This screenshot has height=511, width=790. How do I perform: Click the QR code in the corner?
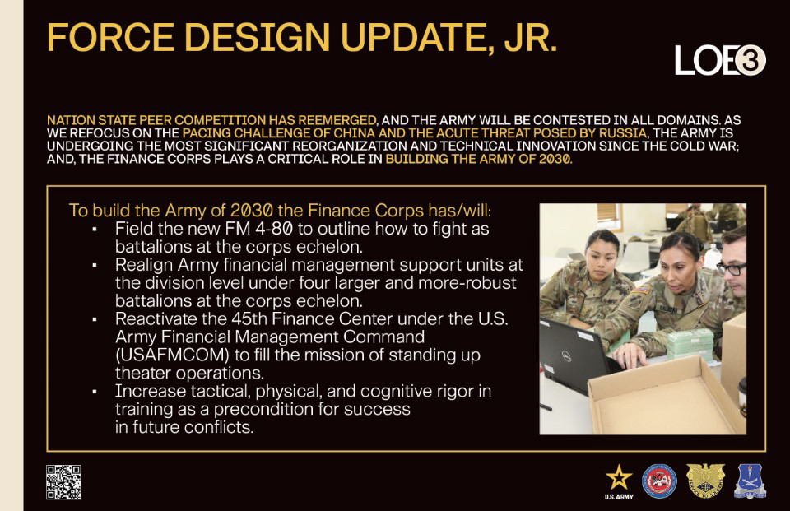point(63,482)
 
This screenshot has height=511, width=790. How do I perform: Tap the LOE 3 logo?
point(720,60)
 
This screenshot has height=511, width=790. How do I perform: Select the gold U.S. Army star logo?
point(619,482)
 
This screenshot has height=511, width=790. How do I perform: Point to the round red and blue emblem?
point(659,481)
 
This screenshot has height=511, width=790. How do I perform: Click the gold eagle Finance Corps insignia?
point(705,481)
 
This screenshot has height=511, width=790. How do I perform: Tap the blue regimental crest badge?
point(750,481)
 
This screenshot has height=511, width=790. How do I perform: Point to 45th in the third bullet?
point(249,319)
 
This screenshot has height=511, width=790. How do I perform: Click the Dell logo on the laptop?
point(566,357)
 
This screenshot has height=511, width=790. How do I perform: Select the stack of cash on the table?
point(690,344)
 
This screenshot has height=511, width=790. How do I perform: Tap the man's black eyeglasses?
point(731,268)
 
